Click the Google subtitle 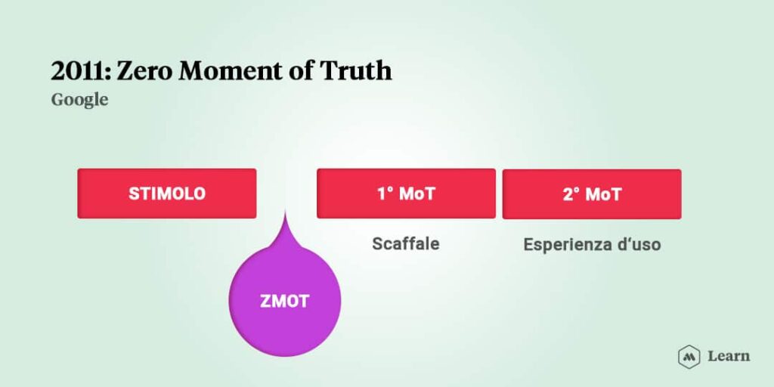coord(79,101)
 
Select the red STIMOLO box coord(167,193)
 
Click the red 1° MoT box coord(406,193)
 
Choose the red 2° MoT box coord(592,194)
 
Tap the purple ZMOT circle coord(285,300)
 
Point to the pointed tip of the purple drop coord(285,211)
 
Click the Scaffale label coord(406,243)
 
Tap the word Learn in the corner coord(729,356)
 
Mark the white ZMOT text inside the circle coord(285,301)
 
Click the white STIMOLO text coord(167,193)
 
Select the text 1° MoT coord(406,193)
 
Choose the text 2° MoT coord(592,194)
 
